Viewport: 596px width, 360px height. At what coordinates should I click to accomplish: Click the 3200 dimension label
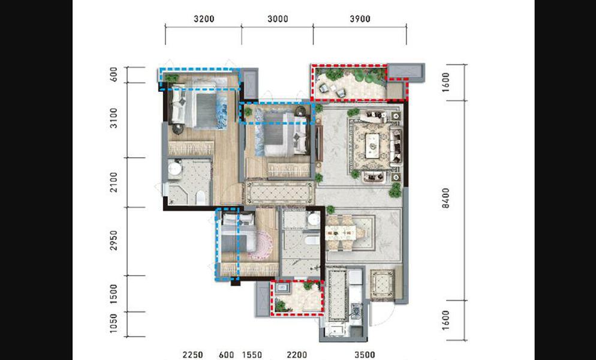[204, 19]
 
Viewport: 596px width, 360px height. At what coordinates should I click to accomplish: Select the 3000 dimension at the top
[278, 19]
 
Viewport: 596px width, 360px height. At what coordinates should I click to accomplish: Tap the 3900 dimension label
[360, 19]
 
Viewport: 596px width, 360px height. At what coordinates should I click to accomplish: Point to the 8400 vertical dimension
[446, 198]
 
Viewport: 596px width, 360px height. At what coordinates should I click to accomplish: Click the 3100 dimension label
[113, 118]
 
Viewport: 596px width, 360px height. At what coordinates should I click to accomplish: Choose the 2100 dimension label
[113, 182]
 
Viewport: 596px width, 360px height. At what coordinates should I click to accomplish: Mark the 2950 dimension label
[113, 241]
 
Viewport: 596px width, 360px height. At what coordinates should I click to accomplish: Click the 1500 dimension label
[113, 294]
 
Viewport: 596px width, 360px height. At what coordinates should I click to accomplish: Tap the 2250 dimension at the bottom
[192, 355]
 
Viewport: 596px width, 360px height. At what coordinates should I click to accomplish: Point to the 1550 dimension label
[252, 355]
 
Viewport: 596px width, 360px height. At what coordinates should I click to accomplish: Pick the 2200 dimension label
[297, 355]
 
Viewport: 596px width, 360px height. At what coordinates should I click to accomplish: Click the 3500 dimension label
[365, 355]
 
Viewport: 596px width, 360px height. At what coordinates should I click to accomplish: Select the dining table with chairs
[345, 233]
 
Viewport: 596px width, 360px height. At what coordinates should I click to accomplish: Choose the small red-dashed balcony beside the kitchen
[297, 298]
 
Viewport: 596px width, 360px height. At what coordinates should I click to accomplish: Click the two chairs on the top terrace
[332, 90]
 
